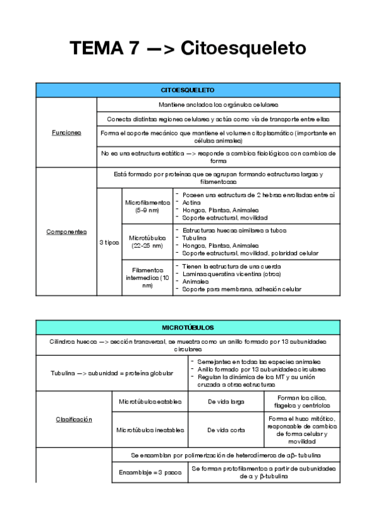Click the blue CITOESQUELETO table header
click(x=188, y=91)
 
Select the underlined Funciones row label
click(x=66, y=132)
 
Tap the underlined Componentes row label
click(x=66, y=231)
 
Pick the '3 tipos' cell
click(x=109, y=242)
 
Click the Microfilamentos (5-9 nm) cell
click(x=147, y=206)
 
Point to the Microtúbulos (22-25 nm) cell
click(x=147, y=242)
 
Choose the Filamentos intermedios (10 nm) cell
click(x=147, y=277)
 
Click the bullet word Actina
click(x=191, y=202)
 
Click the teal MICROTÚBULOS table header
click(x=188, y=327)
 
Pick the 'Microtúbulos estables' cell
click(x=149, y=401)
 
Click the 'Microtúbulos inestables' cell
click(x=149, y=430)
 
